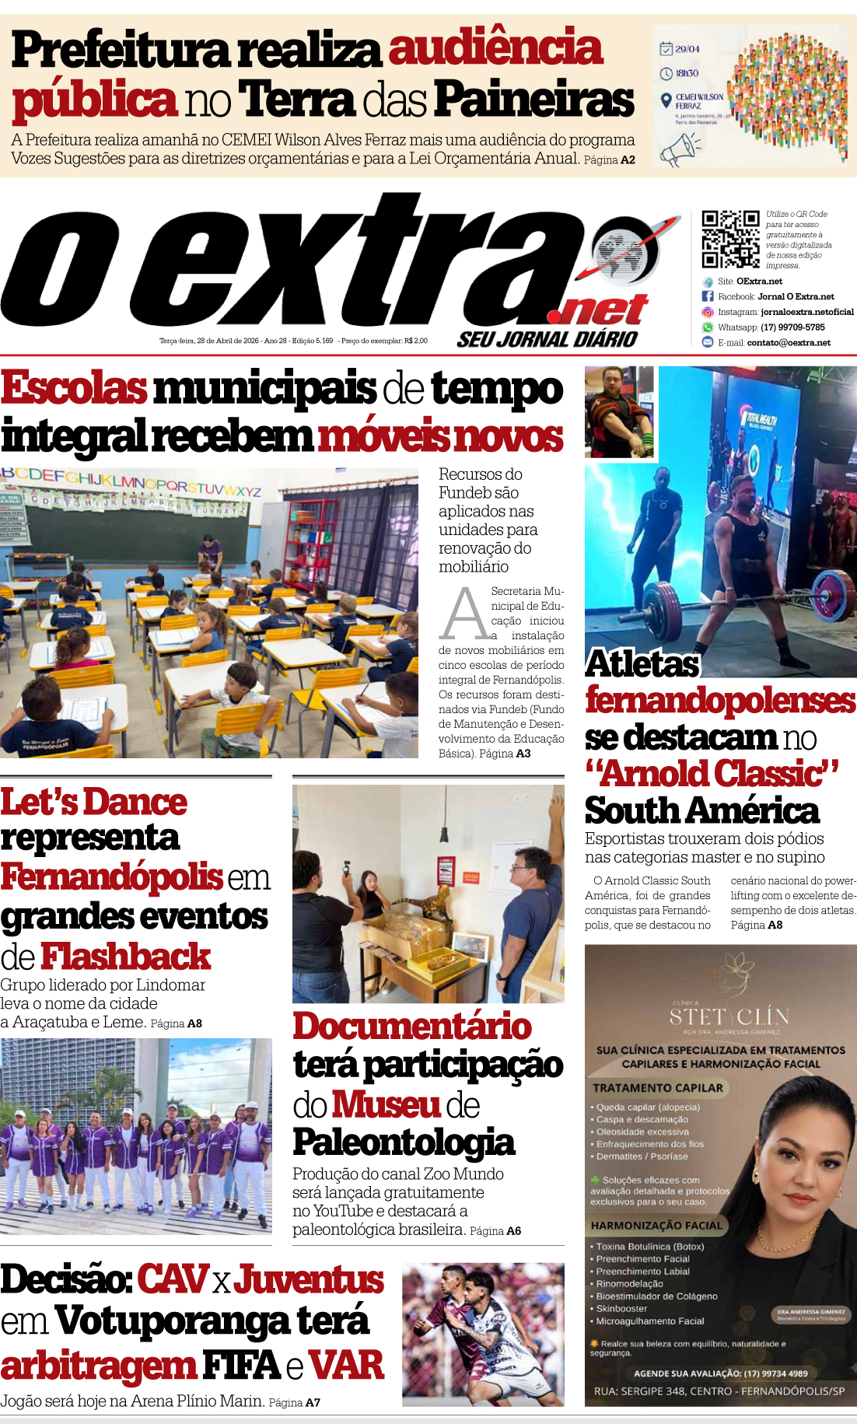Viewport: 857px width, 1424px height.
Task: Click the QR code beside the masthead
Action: click(730, 239)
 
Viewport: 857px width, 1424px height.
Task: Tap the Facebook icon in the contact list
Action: click(708, 296)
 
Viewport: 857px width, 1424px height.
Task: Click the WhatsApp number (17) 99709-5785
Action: click(792, 327)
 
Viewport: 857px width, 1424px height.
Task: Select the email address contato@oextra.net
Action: click(789, 343)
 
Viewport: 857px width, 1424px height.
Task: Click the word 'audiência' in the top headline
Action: click(495, 48)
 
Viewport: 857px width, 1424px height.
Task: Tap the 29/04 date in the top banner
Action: click(687, 49)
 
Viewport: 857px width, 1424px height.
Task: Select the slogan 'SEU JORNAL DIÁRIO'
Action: click(547, 339)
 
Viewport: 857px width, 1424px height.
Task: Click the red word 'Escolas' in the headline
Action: click(74, 388)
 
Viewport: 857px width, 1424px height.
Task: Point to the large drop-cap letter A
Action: click(464, 614)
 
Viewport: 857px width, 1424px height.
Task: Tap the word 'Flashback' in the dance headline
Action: click(125, 957)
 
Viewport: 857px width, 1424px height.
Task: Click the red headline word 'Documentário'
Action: click(412, 1027)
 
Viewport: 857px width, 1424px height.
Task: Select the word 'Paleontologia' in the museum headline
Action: click(404, 1142)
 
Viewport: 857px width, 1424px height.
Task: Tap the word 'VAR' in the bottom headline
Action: click(346, 1366)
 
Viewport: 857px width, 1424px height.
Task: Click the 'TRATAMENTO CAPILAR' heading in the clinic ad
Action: click(658, 1088)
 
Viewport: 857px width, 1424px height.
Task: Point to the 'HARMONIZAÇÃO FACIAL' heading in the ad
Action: click(656, 1226)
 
